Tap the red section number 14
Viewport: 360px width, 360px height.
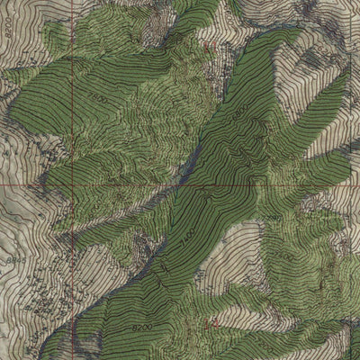coord(213,321)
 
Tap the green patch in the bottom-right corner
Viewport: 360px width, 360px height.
coord(346,346)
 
